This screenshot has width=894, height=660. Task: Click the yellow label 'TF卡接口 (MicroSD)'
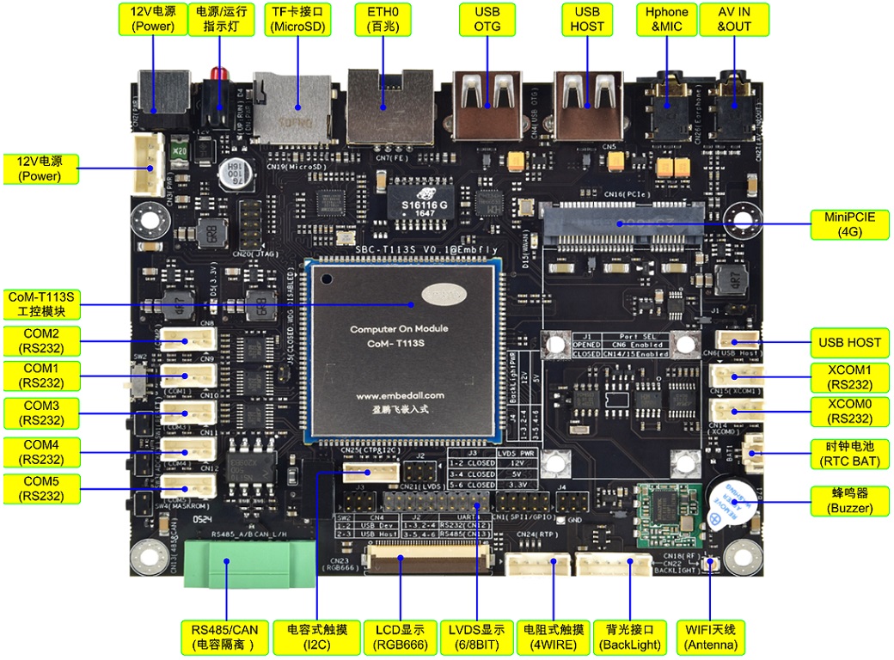298,19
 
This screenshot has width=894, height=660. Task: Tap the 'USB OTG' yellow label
487,19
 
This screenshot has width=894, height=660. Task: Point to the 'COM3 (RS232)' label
41,412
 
